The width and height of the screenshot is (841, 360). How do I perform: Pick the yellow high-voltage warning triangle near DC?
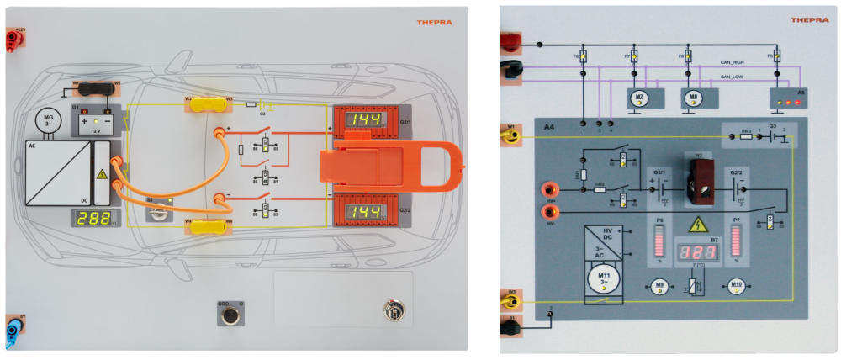pyautogui.click(x=101, y=174)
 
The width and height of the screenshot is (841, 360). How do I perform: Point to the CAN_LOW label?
pyautogui.click(x=732, y=77)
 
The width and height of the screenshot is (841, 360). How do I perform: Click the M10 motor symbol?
pyautogui.click(x=736, y=284)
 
